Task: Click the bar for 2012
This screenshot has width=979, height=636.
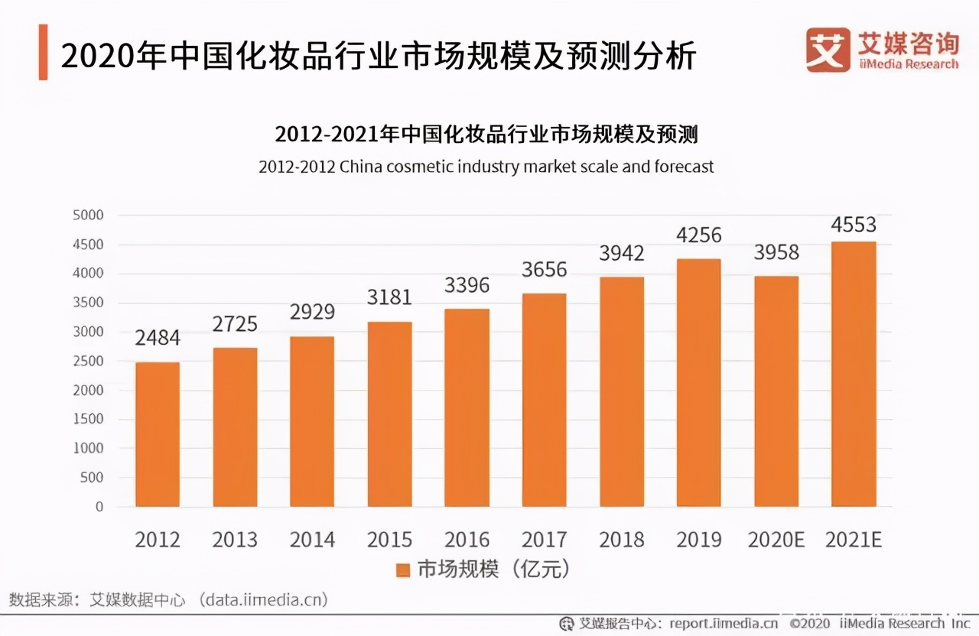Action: click(158, 434)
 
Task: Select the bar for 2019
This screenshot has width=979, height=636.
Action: click(698, 382)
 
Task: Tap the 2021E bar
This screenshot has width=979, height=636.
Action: click(853, 374)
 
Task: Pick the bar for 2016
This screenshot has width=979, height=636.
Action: click(467, 407)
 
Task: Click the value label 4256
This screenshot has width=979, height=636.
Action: click(698, 235)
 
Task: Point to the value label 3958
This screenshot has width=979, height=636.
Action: click(776, 252)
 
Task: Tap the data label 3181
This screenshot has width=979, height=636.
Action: click(389, 297)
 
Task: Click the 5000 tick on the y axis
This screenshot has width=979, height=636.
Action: click(87, 216)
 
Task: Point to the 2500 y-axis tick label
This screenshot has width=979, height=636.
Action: click(87, 362)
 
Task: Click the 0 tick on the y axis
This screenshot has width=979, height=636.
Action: click(98, 507)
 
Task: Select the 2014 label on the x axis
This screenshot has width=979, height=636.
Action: click(312, 540)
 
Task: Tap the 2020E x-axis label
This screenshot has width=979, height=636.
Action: click(776, 540)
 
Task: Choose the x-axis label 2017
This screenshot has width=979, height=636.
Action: click(544, 540)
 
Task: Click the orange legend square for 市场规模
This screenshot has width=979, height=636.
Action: click(403, 569)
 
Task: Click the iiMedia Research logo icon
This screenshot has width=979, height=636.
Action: click(828, 50)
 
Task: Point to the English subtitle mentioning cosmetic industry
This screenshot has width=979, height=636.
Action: click(486, 166)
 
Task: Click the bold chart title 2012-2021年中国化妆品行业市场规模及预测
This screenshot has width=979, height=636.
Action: click(486, 135)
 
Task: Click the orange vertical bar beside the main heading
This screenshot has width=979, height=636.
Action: click(43, 52)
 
